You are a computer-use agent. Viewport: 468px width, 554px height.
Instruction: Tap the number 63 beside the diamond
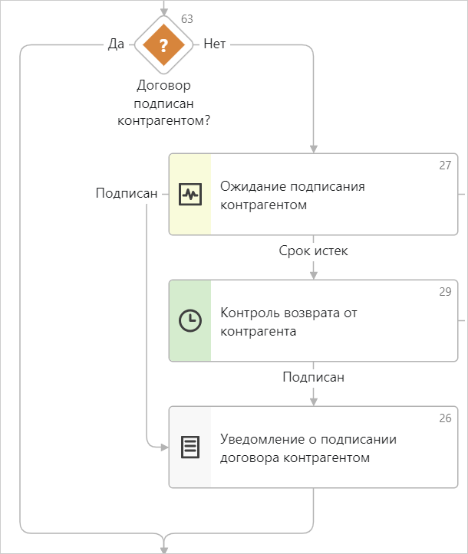(x=186, y=18)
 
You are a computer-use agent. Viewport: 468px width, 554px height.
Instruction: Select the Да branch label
(x=116, y=44)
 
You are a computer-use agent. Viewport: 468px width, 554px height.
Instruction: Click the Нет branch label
(x=215, y=44)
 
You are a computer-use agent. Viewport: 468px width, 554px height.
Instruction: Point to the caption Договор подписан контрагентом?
(x=163, y=103)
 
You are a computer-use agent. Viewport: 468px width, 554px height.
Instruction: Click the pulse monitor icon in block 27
(x=190, y=194)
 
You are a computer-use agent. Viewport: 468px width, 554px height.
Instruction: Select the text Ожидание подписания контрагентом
(x=292, y=195)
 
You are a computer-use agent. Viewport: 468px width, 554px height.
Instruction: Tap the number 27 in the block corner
(x=445, y=166)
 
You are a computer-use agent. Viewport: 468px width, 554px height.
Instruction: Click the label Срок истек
(x=314, y=251)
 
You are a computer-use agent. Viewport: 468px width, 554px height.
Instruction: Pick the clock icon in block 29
(x=190, y=321)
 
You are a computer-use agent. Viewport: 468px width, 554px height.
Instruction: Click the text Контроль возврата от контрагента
(x=288, y=322)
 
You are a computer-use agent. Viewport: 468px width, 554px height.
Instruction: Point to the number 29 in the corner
(x=445, y=292)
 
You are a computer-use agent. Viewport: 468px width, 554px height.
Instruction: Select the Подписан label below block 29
(x=314, y=377)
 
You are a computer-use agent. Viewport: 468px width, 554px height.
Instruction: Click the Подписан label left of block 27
(x=126, y=194)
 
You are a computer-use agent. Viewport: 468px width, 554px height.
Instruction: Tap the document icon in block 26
(x=190, y=447)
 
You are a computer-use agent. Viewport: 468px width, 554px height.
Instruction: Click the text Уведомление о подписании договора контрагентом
(x=308, y=448)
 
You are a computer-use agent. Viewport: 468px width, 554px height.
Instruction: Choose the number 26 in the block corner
(x=445, y=418)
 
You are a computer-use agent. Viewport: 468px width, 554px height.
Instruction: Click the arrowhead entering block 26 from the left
(x=163, y=447)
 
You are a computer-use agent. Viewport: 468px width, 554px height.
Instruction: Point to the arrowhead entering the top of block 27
(x=314, y=149)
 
